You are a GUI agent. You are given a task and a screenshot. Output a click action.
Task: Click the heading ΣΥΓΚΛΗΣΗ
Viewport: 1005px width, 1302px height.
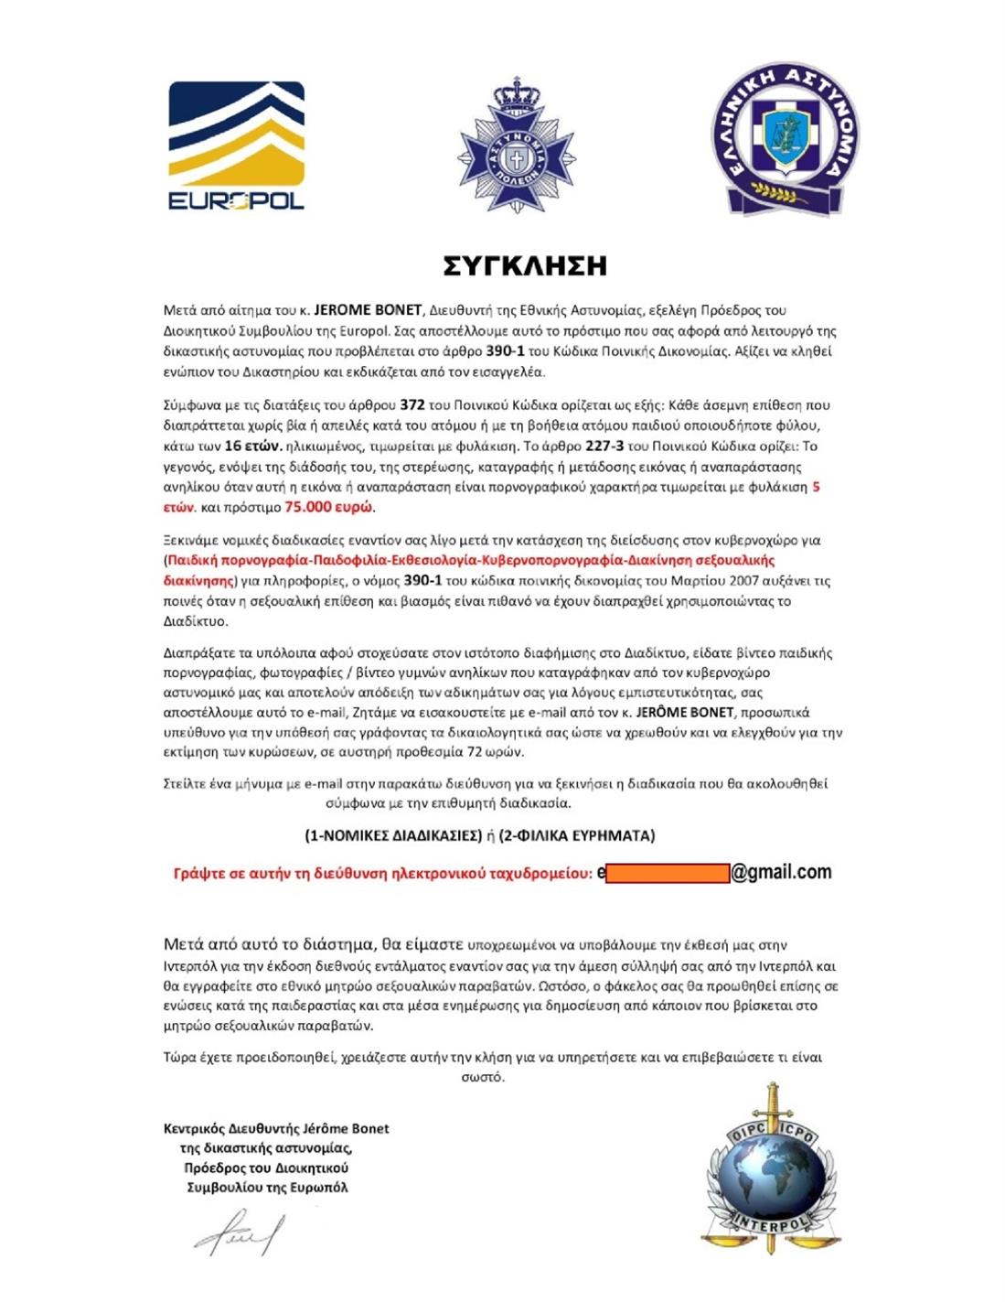[525, 266]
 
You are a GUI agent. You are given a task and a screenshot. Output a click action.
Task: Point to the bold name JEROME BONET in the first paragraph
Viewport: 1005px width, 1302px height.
[368, 310]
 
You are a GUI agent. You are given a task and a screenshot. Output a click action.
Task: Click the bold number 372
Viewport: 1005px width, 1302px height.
[412, 404]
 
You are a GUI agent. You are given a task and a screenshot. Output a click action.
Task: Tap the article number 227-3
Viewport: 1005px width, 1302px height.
[598, 446]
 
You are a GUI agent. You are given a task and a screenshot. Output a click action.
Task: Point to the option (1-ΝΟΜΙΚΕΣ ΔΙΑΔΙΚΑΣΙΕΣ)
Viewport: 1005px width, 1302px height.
[393, 834]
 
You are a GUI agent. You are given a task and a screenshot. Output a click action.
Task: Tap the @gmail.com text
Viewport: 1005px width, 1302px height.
[782, 872]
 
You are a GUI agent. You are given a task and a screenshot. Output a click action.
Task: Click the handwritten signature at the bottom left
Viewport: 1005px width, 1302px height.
[239, 1233]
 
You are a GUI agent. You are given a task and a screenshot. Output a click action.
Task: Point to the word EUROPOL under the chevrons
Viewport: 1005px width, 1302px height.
[236, 200]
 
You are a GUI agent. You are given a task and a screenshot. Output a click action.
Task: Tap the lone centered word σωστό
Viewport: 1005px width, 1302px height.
[483, 1077]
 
